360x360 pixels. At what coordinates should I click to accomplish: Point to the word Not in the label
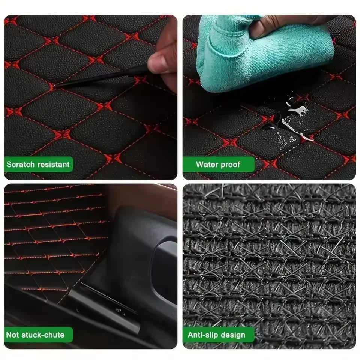pyautogui.click(x=13, y=335)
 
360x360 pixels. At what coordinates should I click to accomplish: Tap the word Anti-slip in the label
pyautogui.click(x=202, y=335)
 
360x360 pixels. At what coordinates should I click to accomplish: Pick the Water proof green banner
pyautogui.click(x=217, y=165)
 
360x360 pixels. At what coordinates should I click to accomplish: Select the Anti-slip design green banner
pyautogui.click(x=217, y=335)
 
